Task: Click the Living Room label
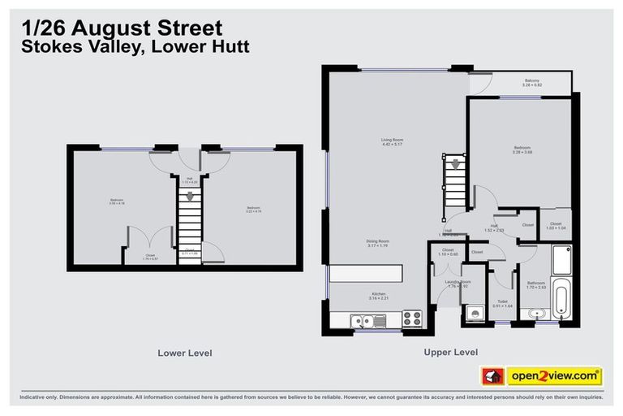[392, 142]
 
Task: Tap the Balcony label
[532, 81]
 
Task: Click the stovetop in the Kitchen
[412, 318]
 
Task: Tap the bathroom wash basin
[535, 314]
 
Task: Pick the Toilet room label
[503, 303]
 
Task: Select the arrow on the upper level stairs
[455, 164]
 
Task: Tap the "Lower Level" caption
[185, 353]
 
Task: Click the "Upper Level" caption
[450, 352]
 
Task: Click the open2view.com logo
[555, 375]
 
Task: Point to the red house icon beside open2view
[492, 375]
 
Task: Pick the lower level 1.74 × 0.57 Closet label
[150, 257]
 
